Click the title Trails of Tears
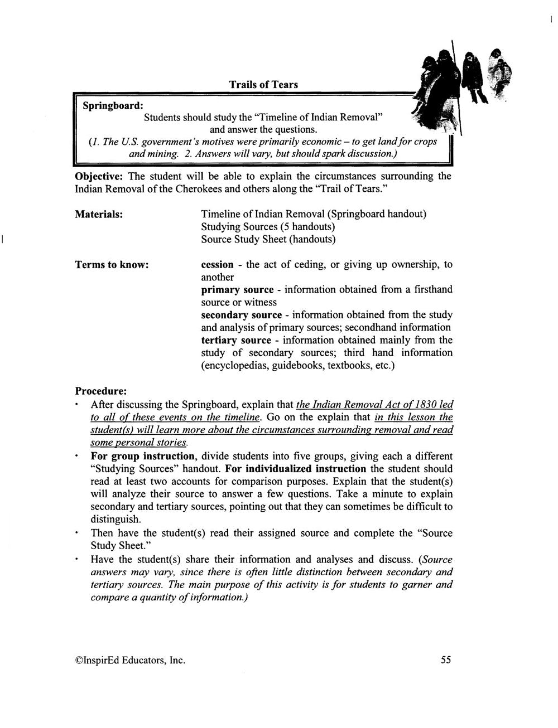click(263, 85)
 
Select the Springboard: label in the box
click(113, 105)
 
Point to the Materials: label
click(99, 214)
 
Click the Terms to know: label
click(112, 265)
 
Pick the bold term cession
click(217, 265)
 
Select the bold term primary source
click(237, 290)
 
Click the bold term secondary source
click(241, 315)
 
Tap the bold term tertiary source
click(236, 340)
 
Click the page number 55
click(446, 660)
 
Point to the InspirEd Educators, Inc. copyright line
click(130, 661)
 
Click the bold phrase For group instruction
click(142, 457)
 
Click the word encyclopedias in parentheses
click(235, 366)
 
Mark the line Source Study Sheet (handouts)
click(268, 240)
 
